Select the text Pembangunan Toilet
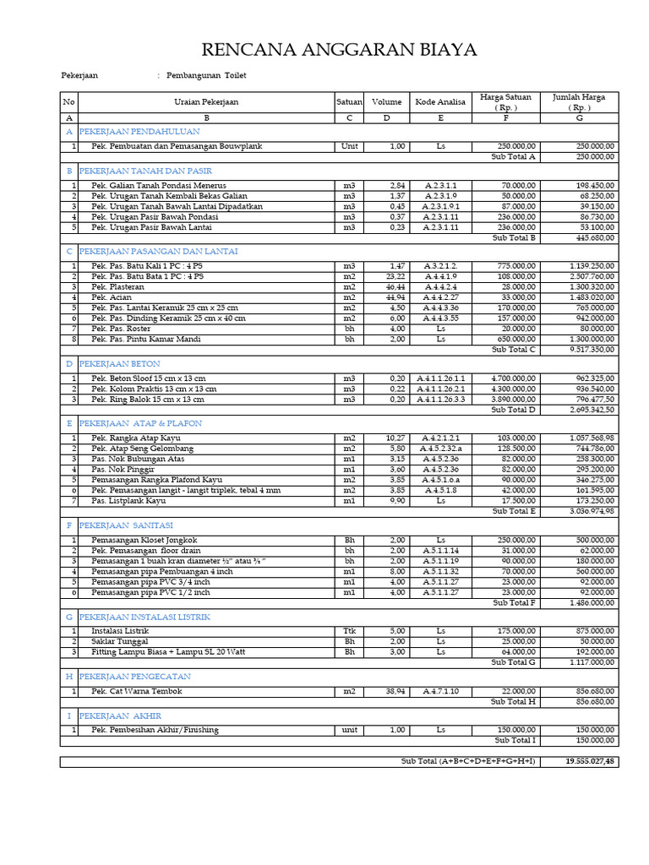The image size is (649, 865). tap(206, 76)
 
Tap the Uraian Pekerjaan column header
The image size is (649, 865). tap(206, 102)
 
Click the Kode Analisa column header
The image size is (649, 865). tap(440, 102)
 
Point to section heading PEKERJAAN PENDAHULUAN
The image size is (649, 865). tap(139, 133)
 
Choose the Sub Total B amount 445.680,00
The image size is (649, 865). tap(592, 238)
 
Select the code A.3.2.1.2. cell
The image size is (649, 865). tap(440, 266)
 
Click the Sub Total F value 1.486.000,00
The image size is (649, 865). tap(592, 602)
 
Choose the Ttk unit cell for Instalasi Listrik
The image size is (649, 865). tap(349, 630)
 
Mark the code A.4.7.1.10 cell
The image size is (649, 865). tap(440, 691)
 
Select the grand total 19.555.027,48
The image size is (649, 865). tap(590, 762)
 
